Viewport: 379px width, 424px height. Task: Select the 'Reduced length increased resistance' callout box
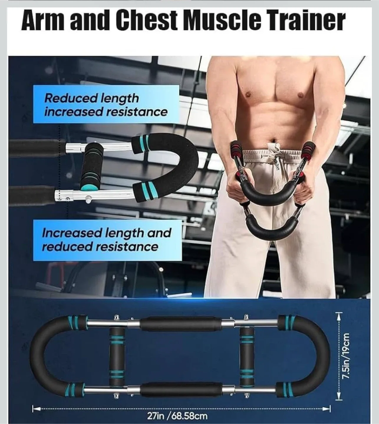tap(106, 105)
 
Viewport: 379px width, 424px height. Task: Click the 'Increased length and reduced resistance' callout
tap(107, 240)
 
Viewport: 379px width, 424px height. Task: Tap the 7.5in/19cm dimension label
tap(347, 356)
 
